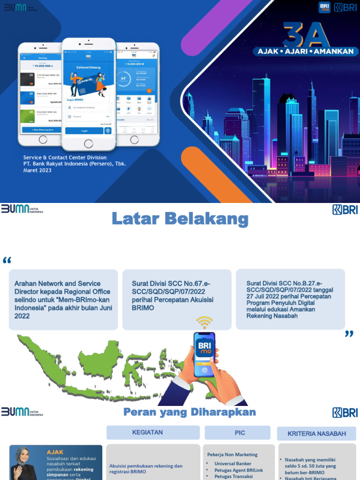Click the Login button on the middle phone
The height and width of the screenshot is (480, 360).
(x=84, y=131)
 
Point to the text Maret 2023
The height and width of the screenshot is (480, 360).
(x=37, y=170)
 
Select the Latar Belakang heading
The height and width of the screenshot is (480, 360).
(x=180, y=218)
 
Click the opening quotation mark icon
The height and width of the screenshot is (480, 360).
(x=7, y=261)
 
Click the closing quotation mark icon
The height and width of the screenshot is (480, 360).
(x=349, y=334)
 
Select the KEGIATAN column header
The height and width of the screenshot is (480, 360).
(x=148, y=433)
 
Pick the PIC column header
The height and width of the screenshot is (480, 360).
(x=240, y=433)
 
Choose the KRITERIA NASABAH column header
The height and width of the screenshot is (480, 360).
(x=317, y=434)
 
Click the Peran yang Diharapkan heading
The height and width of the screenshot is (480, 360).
(x=189, y=412)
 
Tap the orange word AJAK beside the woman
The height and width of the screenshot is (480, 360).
(x=55, y=452)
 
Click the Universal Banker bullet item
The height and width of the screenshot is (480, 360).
(x=232, y=464)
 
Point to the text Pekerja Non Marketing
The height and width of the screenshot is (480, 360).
(x=232, y=454)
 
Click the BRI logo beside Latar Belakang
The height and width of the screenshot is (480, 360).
(x=345, y=210)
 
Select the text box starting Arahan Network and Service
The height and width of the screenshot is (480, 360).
(x=63, y=300)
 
